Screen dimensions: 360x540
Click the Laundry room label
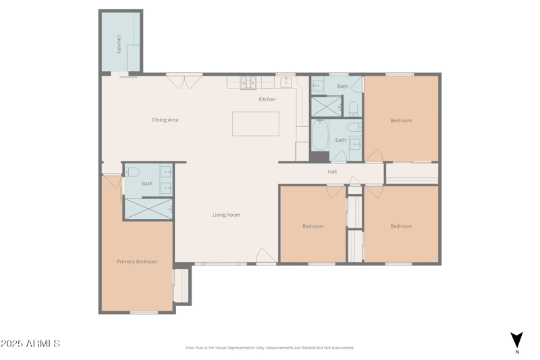pyautogui.click(x=119, y=44)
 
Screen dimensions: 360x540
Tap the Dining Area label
pyautogui.click(x=165, y=120)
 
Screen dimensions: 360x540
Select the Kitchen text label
pyautogui.click(x=267, y=99)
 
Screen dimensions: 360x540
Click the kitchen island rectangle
pyautogui.click(x=256, y=124)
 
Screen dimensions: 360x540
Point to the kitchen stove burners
pyautogui.click(x=248, y=82)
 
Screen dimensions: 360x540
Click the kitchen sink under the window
pyautogui.click(x=286, y=82)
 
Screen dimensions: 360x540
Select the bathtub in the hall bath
pyautogui.click(x=320, y=136)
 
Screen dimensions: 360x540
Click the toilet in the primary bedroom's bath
pyautogui.click(x=132, y=172)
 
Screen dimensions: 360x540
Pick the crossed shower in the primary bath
pyautogui.click(x=148, y=209)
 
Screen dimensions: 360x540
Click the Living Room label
pyautogui.click(x=226, y=215)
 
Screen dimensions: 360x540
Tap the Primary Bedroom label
pyautogui.click(x=137, y=261)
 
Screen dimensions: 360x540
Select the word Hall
pyautogui.click(x=332, y=172)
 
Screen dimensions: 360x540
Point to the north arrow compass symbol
pyautogui.click(x=516, y=340)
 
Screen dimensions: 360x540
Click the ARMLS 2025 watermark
pyautogui.click(x=30, y=344)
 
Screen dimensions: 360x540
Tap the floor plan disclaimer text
pyautogui.click(x=269, y=348)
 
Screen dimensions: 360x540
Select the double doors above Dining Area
pyautogui.click(x=184, y=81)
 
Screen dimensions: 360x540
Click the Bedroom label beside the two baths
pyautogui.click(x=401, y=121)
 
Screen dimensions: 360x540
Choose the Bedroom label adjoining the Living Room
pyautogui.click(x=313, y=226)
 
